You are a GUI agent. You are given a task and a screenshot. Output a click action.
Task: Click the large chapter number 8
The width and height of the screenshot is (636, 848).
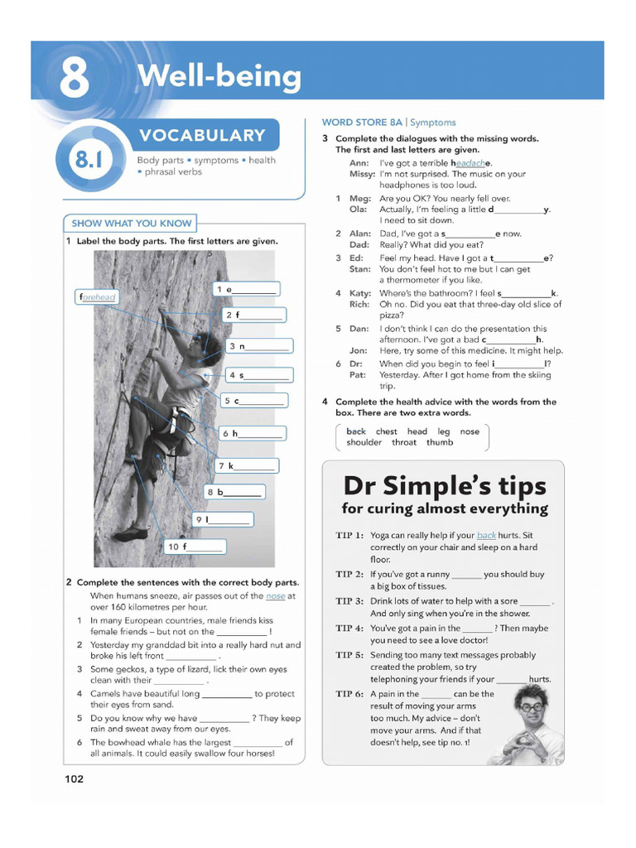point(74,78)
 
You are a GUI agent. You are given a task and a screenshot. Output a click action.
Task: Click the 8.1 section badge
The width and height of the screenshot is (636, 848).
point(88,159)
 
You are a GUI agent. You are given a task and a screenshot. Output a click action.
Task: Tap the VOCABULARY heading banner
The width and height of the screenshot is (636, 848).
point(202,136)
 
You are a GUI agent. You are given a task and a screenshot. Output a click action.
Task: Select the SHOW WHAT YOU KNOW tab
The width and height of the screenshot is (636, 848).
point(131,223)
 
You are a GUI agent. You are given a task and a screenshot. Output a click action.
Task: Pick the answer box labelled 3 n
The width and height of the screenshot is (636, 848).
point(259,346)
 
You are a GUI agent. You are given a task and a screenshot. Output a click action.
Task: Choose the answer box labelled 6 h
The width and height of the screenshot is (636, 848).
point(252,433)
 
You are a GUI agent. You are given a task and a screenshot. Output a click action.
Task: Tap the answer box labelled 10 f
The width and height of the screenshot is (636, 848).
point(195,547)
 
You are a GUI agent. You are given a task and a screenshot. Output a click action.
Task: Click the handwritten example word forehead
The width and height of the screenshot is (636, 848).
point(98,296)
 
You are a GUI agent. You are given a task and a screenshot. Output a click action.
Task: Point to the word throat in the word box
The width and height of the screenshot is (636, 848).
point(404,442)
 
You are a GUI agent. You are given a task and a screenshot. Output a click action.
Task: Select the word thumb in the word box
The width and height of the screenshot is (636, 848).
point(440,442)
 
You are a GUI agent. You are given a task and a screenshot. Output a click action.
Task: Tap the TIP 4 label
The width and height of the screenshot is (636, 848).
point(349,629)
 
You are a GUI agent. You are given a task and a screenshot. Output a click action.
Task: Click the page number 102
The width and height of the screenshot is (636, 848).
point(75,778)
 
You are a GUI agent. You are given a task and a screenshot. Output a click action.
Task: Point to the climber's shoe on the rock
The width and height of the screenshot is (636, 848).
point(131,534)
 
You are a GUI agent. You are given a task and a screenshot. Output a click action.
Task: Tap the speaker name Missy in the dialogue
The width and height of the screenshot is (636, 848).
point(362,175)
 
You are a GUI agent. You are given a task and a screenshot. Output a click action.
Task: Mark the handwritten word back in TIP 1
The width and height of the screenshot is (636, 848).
point(486,536)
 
